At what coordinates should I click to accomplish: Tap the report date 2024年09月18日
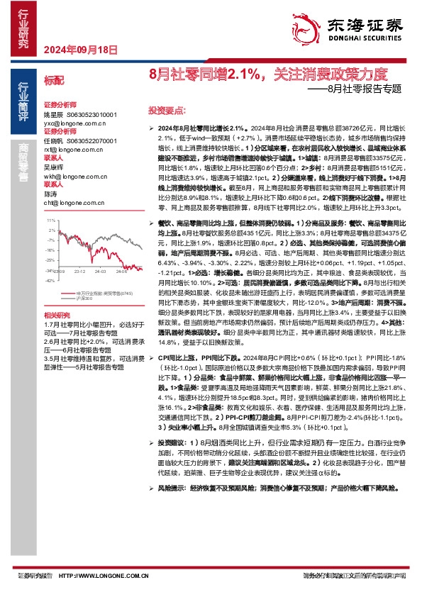coord(80,49)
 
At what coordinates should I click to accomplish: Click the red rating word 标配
coord(54,81)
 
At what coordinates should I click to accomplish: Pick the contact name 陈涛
coord(50,194)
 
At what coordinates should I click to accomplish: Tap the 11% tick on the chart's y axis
coord(50,221)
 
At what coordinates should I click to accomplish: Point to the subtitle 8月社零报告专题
coord(370,90)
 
